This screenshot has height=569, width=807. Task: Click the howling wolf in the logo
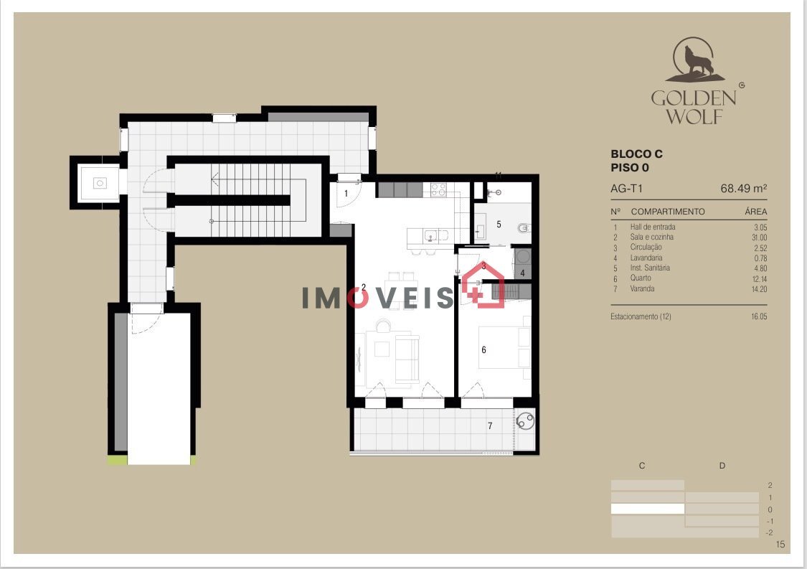[x=698, y=61]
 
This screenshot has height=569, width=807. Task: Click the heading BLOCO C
[x=636, y=154]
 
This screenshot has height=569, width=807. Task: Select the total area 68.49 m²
[x=744, y=189]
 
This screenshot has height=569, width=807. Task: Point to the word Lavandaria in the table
[x=646, y=258]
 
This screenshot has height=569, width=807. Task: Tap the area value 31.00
[x=759, y=238]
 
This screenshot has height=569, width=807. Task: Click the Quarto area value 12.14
[x=759, y=279]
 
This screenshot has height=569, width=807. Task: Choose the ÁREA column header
[x=755, y=212]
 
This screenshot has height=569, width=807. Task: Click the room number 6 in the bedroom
[x=483, y=350]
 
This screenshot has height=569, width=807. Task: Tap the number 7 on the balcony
[x=490, y=425]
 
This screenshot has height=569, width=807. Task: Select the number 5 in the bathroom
[x=499, y=225]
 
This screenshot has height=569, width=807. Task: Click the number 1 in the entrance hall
[x=346, y=194]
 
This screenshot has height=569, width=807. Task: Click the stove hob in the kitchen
[x=438, y=190]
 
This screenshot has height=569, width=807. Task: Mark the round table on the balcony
[x=526, y=421]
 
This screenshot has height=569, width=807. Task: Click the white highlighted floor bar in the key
[x=648, y=509]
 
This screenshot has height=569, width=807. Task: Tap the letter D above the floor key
[x=722, y=466]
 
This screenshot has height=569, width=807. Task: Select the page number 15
[x=780, y=545]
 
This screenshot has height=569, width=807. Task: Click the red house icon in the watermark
[x=483, y=285]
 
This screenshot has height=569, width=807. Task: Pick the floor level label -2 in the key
[x=769, y=533]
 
